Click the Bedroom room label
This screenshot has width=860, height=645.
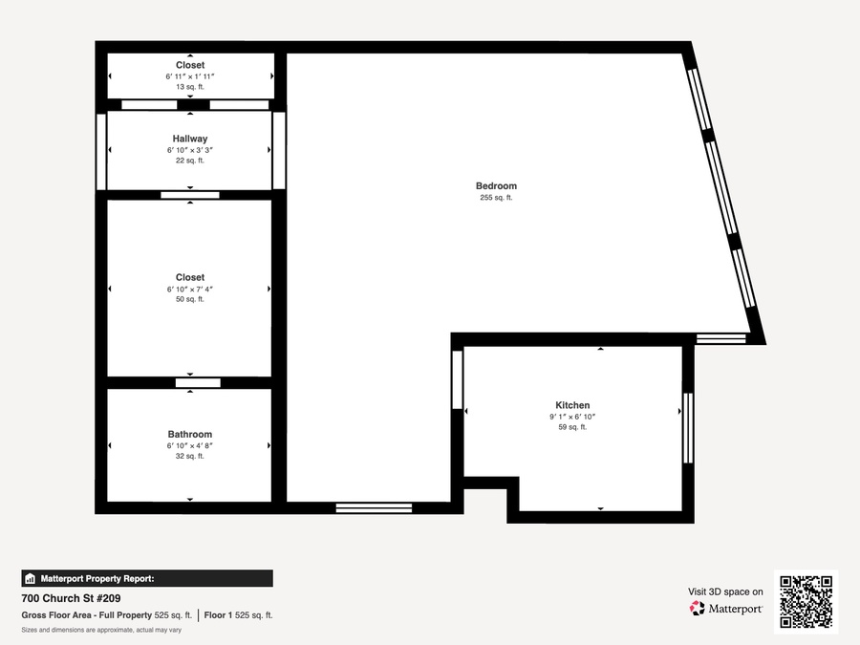coord(496,186)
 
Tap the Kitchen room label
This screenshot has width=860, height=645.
coord(572,405)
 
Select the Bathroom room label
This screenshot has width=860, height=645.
coord(190,435)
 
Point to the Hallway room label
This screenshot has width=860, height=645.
coord(190,139)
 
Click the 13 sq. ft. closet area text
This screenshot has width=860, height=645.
coord(190,87)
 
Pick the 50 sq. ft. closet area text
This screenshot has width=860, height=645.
coord(190,299)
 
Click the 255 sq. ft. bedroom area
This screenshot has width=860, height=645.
coord(496,198)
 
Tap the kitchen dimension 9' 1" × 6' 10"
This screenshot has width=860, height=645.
coord(572,417)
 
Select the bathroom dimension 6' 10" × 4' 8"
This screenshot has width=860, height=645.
coord(190,446)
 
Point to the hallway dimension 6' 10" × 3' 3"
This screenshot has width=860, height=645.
coord(190,150)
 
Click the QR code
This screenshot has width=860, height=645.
coord(806,602)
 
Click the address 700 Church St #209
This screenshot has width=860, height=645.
coord(72,598)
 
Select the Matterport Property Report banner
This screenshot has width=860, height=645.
coord(147,579)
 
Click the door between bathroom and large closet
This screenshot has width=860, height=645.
coord(198,383)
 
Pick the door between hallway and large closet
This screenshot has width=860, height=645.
coord(190,195)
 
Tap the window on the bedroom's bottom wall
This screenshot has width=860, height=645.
coord(374,508)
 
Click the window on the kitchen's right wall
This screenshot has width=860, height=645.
coord(688,428)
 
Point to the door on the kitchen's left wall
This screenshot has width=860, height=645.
coord(458,379)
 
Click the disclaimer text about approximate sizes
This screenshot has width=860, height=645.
coord(101,630)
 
